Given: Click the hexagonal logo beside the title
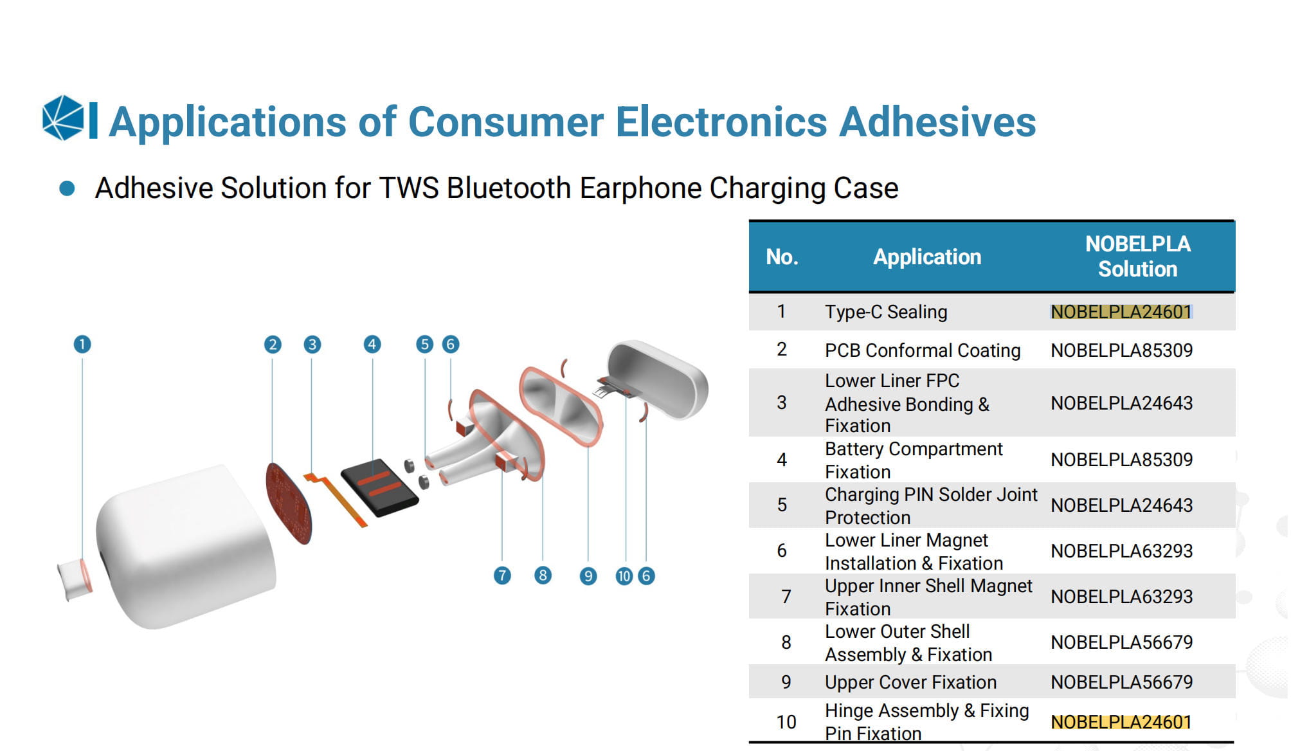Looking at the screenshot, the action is (x=63, y=118).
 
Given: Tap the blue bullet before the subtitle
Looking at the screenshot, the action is (x=67, y=188).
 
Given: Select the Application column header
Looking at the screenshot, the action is (x=927, y=257).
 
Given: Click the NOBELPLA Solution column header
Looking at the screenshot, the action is (x=1137, y=257).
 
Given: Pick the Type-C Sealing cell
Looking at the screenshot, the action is (x=886, y=312).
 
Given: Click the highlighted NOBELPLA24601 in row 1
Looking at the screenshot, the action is (x=1121, y=312).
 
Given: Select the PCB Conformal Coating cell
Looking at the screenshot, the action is (x=923, y=350).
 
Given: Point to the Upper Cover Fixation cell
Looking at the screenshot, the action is (x=910, y=682).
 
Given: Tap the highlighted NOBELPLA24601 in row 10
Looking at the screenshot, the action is (x=1121, y=722).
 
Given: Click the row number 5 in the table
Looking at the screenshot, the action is (x=782, y=505).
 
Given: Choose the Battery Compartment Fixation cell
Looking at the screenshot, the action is (x=914, y=460).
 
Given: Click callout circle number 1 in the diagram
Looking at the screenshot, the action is (x=82, y=345).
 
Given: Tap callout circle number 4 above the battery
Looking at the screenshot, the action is (x=372, y=345).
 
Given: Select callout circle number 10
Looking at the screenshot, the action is (x=624, y=576).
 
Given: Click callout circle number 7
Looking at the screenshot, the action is (x=502, y=575).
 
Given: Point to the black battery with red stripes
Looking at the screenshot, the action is (x=379, y=487).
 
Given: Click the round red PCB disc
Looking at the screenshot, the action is (x=289, y=503).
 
